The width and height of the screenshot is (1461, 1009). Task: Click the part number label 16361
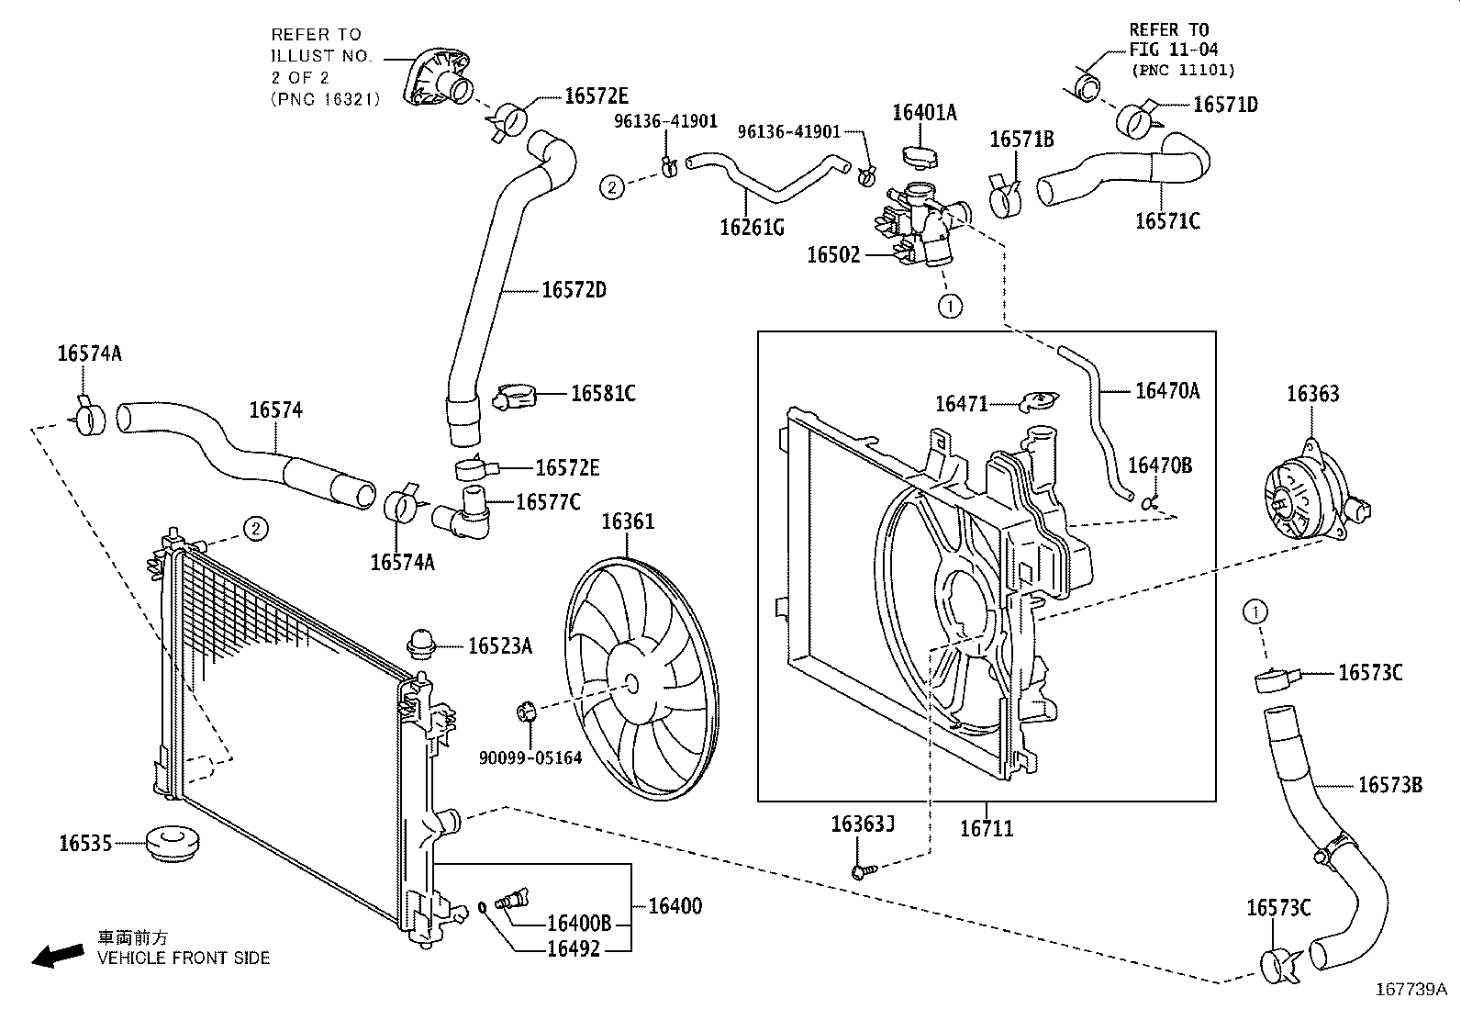pyautogui.click(x=628, y=522)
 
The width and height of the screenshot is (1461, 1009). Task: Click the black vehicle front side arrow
pyautogui.click(x=56, y=956)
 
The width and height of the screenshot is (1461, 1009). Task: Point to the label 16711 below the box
pyautogui.click(x=987, y=828)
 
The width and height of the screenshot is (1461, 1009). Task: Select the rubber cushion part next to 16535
pyautogui.click(x=173, y=843)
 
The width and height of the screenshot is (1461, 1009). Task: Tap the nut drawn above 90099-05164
pyautogui.click(x=527, y=712)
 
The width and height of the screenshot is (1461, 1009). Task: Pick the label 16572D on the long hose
pyautogui.click(x=574, y=290)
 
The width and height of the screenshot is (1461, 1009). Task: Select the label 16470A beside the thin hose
pyautogui.click(x=1167, y=391)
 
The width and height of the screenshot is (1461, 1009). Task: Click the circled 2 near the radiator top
pyautogui.click(x=256, y=528)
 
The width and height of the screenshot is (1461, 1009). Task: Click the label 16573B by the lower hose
pyautogui.click(x=1389, y=785)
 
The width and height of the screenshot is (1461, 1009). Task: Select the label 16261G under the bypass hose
pyautogui.click(x=752, y=227)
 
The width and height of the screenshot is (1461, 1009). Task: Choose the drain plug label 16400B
pyautogui.click(x=579, y=924)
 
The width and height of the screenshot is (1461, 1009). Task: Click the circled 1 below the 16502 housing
pyautogui.click(x=950, y=306)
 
